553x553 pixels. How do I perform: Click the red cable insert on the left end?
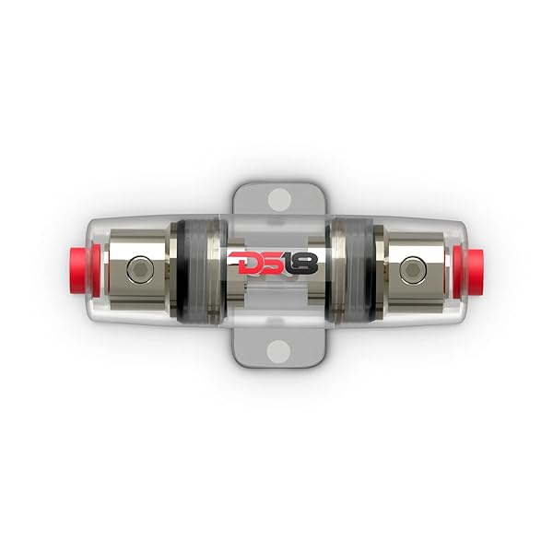[76, 270]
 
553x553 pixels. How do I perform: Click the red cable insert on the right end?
[478, 270]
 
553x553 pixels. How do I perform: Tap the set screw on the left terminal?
[138, 269]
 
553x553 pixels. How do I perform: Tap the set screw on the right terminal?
[412, 269]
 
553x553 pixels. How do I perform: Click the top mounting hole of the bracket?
[277, 198]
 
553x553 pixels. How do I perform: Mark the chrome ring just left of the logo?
[219, 270]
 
